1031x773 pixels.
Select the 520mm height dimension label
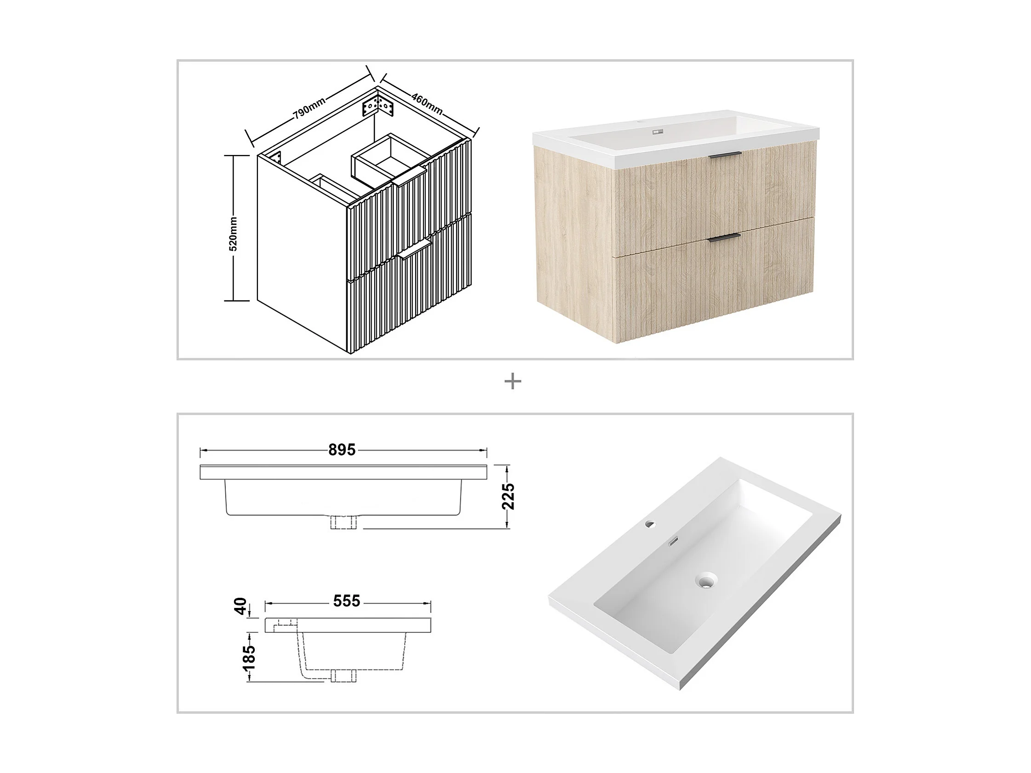(x=233, y=234)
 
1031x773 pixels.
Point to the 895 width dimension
(x=342, y=450)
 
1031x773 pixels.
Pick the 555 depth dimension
(x=346, y=601)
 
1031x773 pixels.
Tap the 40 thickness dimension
(x=241, y=606)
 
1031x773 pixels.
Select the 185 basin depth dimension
(x=249, y=657)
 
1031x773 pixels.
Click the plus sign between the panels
(x=513, y=382)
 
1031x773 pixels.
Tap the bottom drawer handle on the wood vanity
(x=724, y=238)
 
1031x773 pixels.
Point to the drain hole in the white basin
(x=706, y=581)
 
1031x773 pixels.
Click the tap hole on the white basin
(x=649, y=524)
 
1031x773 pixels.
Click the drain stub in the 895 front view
(x=344, y=522)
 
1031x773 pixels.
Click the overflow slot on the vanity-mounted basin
(x=658, y=132)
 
